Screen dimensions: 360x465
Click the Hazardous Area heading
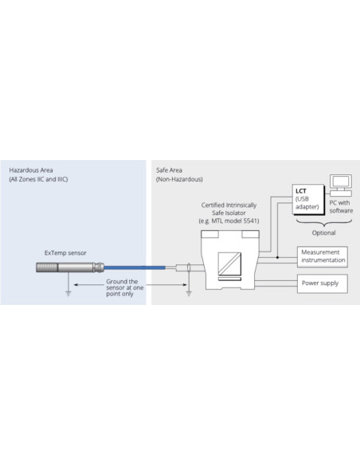31,170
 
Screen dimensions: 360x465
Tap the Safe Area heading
169,170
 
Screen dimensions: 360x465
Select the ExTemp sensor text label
65,253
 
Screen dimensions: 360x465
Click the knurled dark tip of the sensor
47,268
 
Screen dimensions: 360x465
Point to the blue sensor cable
135,268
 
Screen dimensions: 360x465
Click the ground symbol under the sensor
68,294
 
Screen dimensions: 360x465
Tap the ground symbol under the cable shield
189,294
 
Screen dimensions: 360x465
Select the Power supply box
323,283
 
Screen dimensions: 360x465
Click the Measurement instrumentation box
323,257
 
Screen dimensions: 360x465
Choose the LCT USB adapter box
308,199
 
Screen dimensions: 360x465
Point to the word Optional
323,232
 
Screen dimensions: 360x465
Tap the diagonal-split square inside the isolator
229,264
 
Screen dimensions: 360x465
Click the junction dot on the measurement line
277,257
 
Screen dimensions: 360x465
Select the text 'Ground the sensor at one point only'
124,287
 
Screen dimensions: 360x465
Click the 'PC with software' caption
341,207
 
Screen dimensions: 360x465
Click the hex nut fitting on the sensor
99,268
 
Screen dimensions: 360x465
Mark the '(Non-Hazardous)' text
179,179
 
